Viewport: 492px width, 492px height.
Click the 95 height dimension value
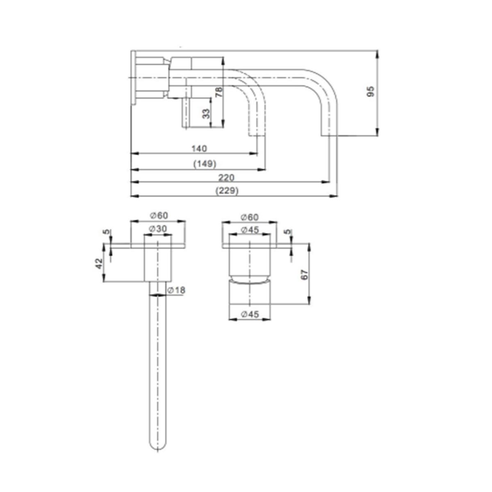pyautogui.click(x=371, y=91)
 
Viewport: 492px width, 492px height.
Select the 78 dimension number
pyautogui.click(x=219, y=91)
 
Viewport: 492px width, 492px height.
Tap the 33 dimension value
pyautogui.click(x=206, y=113)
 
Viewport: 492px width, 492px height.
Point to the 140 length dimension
pyautogui.click(x=199, y=148)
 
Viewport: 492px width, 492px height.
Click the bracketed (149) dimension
pyautogui.click(x=205, y=164)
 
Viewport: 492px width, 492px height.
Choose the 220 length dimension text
pyautogui.click(x=226, y=177)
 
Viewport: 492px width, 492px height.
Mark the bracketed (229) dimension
pyautogui.click(x=226, y=191)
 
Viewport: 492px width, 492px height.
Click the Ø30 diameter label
pyautogui.click(x=158, y=229)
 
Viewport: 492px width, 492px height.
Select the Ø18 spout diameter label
pyautogui.click(x=176, y=290)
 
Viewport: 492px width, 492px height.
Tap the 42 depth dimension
pyautogui.click(x=98, y=263)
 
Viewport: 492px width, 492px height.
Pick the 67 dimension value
pyautogui.click(x=304, y=275)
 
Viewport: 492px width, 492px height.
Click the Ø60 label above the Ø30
pyautogui.click(x=159, y=216)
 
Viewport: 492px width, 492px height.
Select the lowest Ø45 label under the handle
pyautogui.click(x=250, y=314)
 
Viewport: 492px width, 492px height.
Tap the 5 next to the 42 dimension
pyautogui.click(x=107, y=232)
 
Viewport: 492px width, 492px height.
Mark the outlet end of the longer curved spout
pyautogui.click(x=328, y=135)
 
